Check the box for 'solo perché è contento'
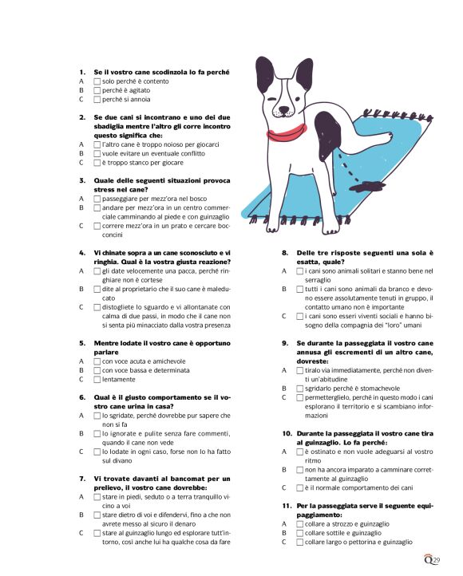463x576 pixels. click(x=97, y=81)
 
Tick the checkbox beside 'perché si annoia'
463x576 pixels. click(x=97, y=100)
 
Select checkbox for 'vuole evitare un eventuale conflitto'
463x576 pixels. click(x=97, y=153)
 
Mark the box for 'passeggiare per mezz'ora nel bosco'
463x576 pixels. click(x=97, y=198)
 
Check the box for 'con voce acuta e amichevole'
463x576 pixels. click(x=97, y=361)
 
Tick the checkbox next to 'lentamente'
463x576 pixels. click(x=97, y=380)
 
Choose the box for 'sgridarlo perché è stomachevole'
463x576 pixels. click(x=300, y=389)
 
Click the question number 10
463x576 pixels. click(x=287, y=433)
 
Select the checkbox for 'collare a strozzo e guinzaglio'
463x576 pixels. click(x=300, y=523)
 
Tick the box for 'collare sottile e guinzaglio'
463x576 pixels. click(x=300, y=532)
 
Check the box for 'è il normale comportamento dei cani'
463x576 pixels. click(x=300, y=487)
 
